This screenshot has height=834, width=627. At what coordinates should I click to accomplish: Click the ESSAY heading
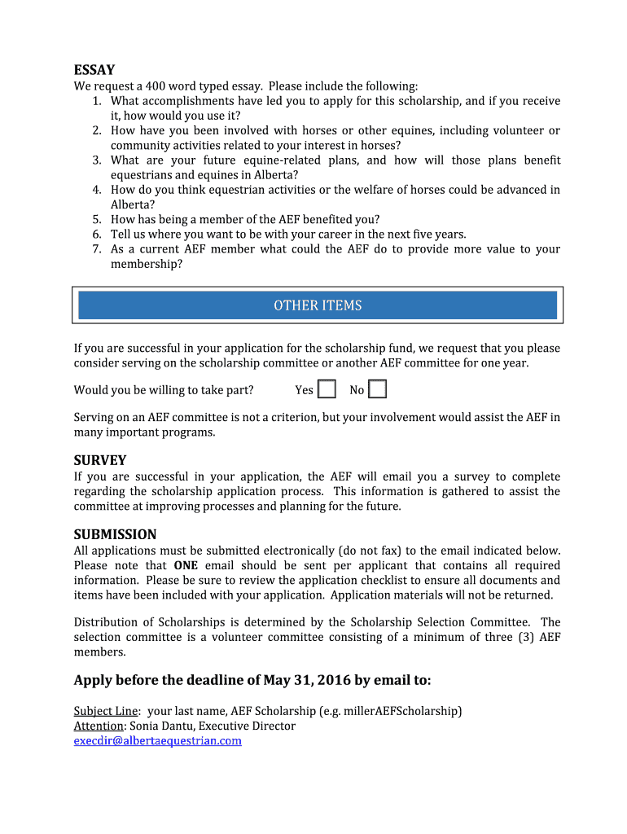94,70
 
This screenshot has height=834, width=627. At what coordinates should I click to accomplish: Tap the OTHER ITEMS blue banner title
318,305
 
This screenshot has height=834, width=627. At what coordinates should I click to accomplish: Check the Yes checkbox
327,389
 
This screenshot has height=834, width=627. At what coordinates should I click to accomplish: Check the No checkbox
377,389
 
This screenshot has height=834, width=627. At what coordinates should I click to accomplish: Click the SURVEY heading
100,460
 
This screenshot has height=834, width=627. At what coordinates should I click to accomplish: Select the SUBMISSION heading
115,534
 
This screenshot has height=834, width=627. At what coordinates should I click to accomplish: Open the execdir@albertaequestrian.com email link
158,740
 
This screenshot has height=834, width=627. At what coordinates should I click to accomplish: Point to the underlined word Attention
99,726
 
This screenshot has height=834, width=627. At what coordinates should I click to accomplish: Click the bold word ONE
186,565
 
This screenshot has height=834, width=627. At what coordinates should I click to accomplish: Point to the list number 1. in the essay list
96,101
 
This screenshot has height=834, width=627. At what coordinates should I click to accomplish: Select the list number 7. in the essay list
96,249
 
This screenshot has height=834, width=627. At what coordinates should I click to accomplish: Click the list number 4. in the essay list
96,190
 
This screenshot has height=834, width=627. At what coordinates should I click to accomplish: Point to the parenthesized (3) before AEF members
525,637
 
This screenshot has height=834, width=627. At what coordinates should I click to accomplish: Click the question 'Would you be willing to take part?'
164,390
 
